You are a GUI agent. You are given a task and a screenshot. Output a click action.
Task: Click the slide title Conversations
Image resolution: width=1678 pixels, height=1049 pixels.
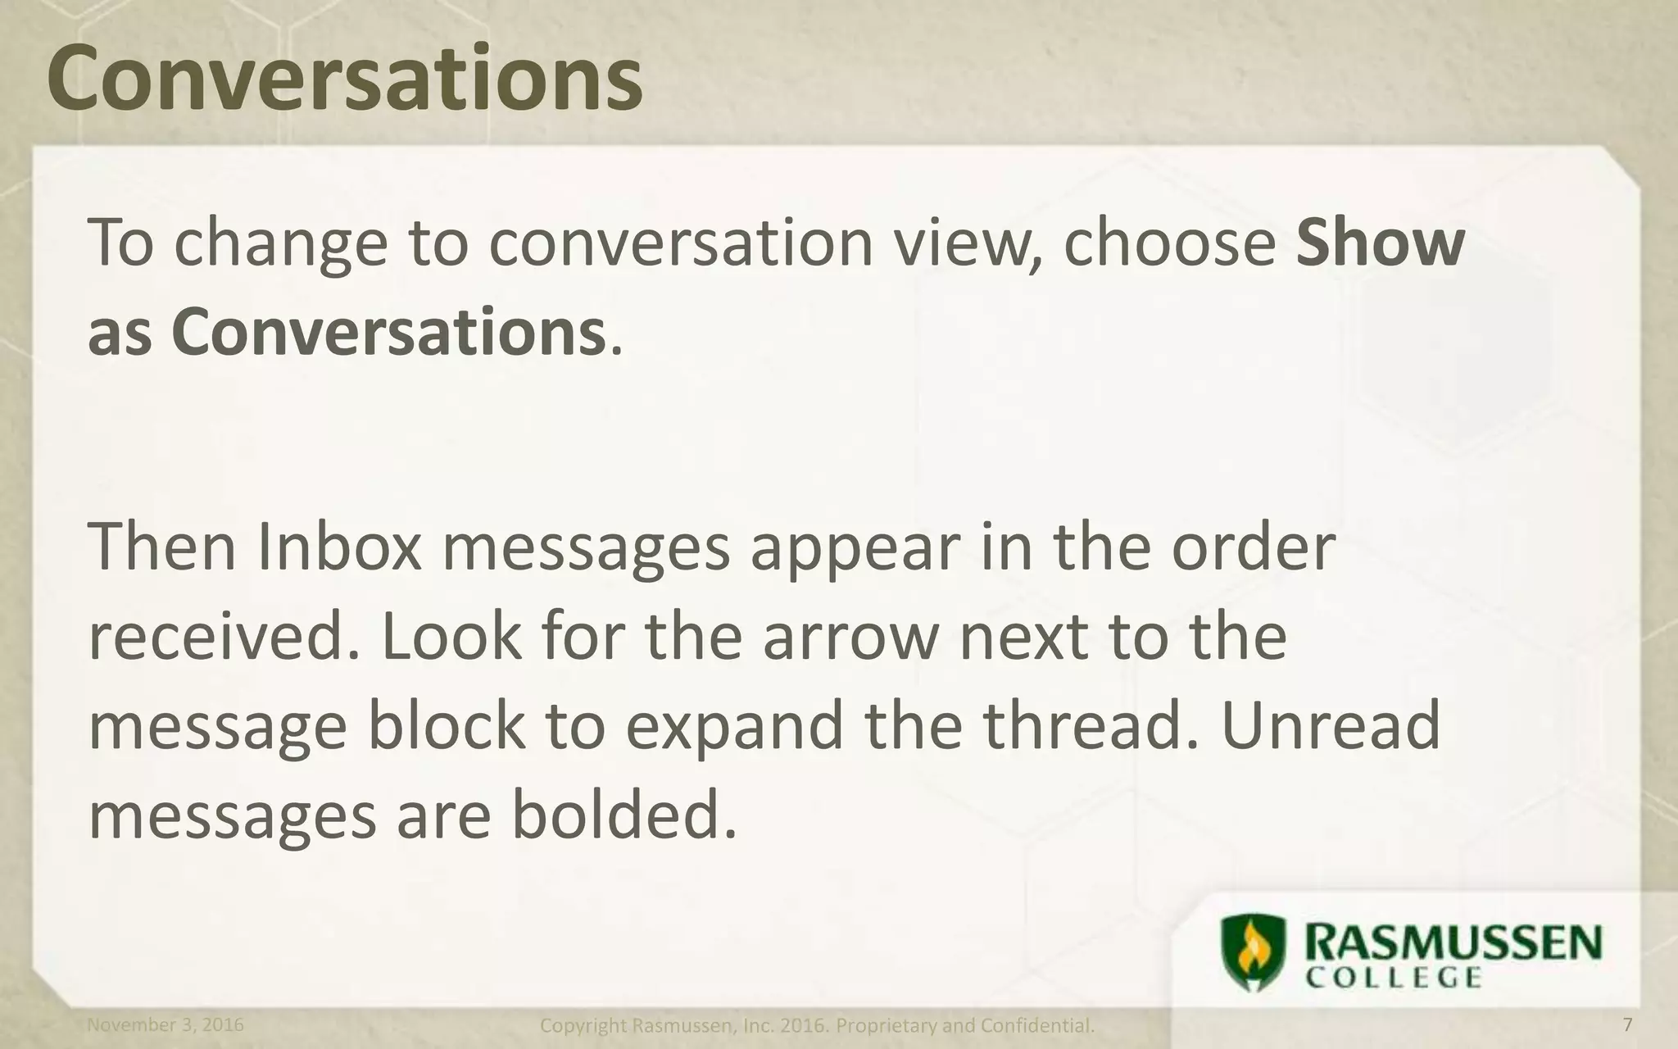[344, 78]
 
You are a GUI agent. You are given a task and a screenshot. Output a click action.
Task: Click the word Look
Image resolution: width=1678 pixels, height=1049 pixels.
[451, 638]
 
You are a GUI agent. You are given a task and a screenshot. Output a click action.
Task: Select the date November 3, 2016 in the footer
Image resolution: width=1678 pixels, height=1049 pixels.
[165, 1025]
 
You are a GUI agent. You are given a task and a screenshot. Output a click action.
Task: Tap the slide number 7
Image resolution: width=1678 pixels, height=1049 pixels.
[1627, 1025]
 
